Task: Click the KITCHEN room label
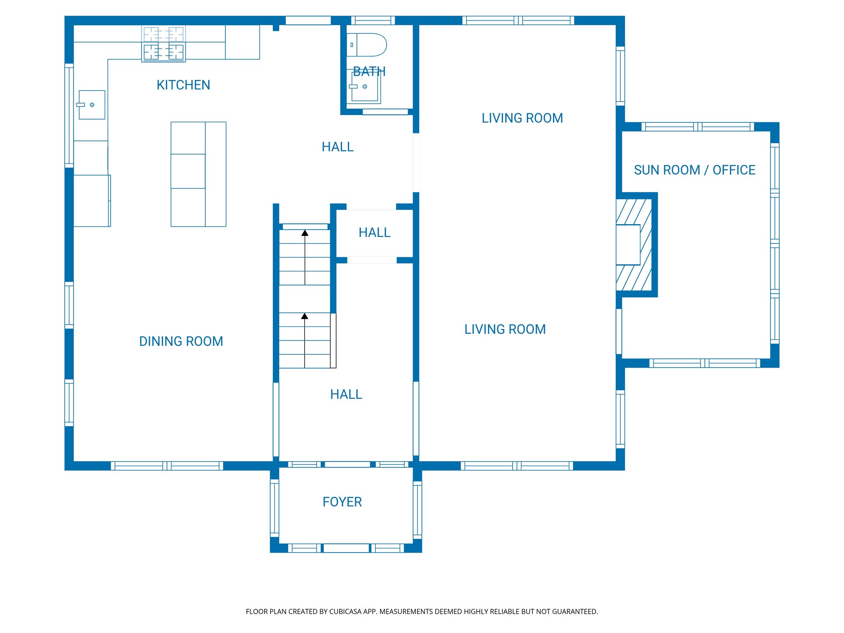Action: coord(183,85)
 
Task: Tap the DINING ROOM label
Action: coord(181,341)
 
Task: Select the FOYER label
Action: coord(342,502)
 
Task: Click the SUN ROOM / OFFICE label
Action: coord(694,170)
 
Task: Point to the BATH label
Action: coord(369,72)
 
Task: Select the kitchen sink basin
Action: coord(92,105)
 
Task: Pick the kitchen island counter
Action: coord(198,174)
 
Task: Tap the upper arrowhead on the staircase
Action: coord(305,233)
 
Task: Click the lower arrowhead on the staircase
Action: coord(305,316)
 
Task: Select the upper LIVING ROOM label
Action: coord(522,118)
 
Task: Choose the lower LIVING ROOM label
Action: coord(505,329)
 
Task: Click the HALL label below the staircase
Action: coord(346,394)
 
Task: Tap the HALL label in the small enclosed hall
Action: coord(374,232)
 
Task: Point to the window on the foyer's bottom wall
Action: coord(346,548)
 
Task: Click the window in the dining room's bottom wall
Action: coord(167,466)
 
